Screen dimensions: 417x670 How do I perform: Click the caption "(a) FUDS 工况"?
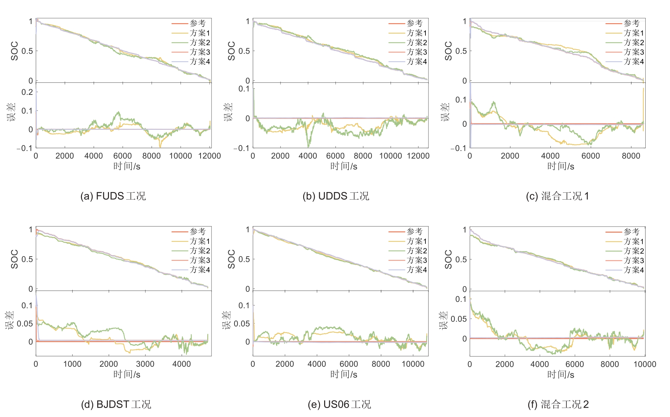coord(113,196)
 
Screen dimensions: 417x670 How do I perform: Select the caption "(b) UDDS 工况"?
coord(336,196)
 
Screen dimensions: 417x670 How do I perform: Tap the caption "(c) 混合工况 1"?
coord(557,196)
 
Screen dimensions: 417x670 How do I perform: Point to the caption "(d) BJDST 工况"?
coord(116,404)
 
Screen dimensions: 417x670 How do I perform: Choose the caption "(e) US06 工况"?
coord(339,404)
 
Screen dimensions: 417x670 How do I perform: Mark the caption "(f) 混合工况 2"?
coord(558,404)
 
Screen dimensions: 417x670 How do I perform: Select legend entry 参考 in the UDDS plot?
coord(414,23)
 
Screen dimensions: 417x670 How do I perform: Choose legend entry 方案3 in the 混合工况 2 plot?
coord(634,260)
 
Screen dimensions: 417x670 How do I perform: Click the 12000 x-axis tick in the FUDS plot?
coord(210,156)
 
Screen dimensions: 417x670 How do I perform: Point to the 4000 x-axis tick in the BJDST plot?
coord(182,364)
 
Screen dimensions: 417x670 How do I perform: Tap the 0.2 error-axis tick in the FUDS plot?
coord(27,92)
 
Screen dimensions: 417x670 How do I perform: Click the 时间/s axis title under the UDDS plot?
coord(343,166)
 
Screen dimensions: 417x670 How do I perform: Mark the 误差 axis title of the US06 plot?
coord(227,320)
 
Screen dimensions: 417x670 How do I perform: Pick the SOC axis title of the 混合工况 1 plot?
coord(448,51)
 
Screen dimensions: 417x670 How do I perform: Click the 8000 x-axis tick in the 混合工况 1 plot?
coord(631,156)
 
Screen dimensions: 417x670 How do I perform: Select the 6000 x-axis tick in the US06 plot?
coord(349,364)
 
